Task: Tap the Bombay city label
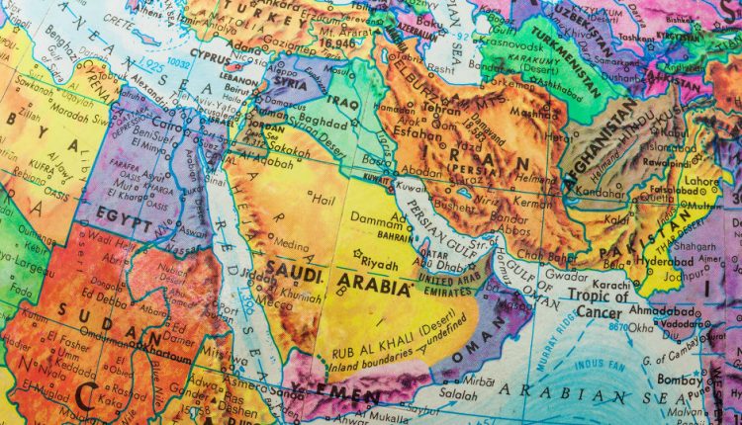pyautogui.click(x=693, y=380)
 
